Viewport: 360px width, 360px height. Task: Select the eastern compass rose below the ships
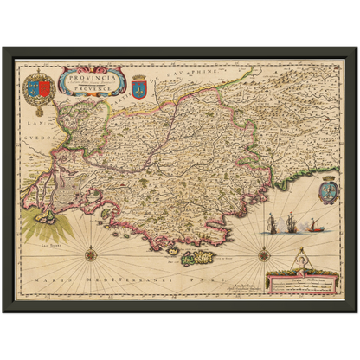click(x=264, y=253)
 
